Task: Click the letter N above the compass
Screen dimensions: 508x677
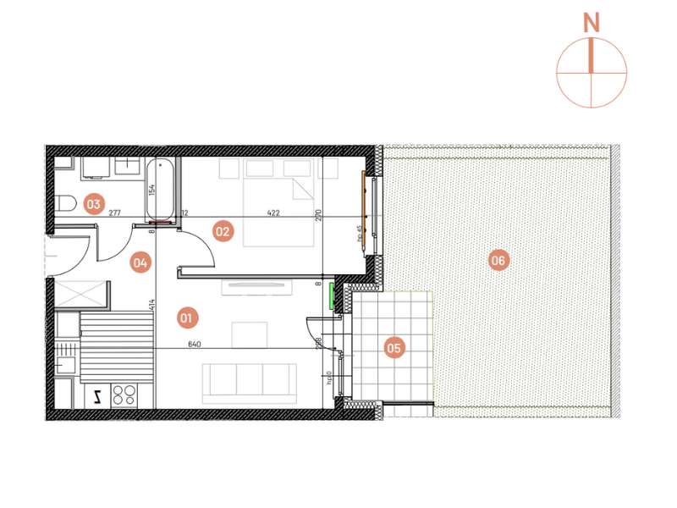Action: pos(592,24)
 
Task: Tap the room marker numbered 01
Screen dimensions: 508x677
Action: pos(187,318)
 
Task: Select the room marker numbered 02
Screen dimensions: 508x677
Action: pos(223,229)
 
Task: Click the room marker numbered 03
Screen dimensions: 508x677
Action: pos(92,203)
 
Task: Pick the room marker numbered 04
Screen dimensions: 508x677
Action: pos(140,262)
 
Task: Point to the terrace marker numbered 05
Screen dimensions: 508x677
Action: pos(394,346)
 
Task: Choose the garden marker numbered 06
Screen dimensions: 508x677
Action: pos(498,261)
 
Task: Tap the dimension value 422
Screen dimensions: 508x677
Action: pos(272,213)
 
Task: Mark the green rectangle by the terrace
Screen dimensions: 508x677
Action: pos(333,296)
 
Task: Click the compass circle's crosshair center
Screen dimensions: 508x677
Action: pos(592,73)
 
